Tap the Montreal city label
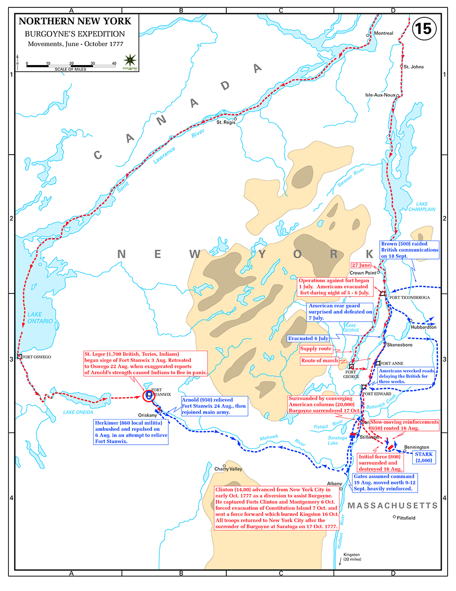point(384,33)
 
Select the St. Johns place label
point(413,66)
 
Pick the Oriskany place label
point(145,415)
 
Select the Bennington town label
point(417,447)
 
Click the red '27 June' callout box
point(361,264)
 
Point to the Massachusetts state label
point(393,505)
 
